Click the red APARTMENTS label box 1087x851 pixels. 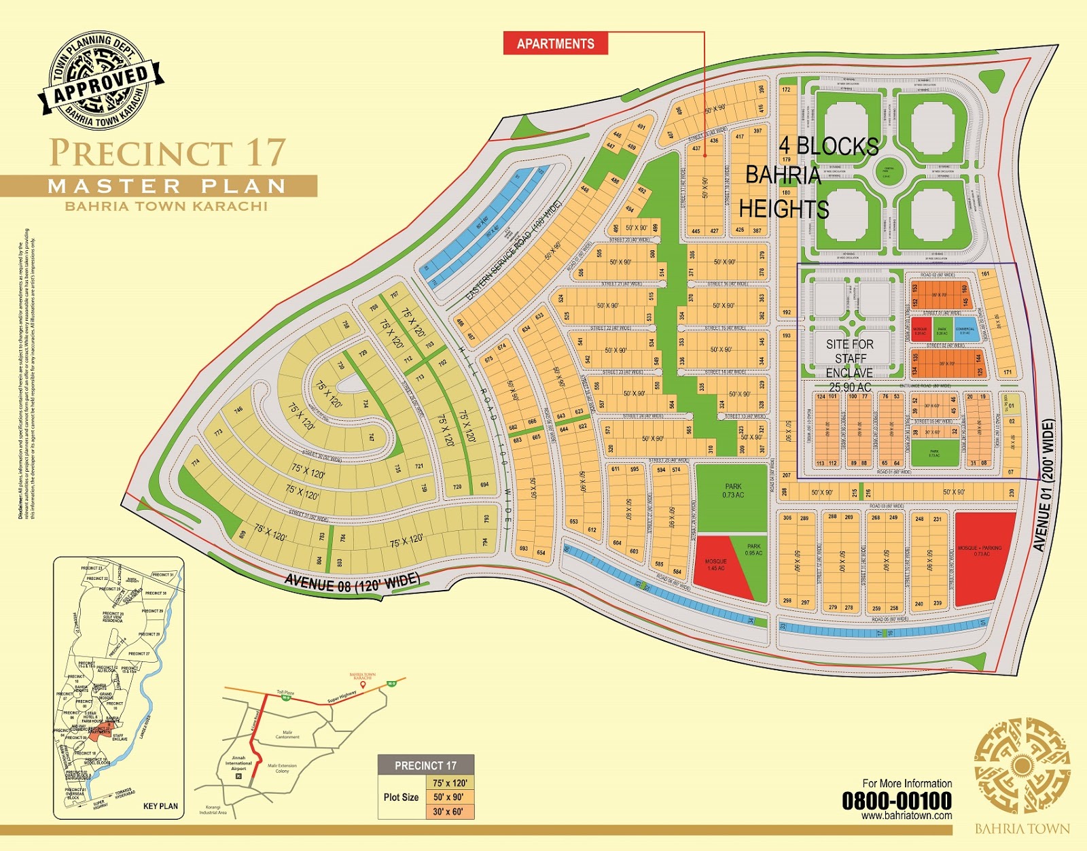tap(555, 44)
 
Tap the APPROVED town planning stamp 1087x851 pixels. tap(101, 82)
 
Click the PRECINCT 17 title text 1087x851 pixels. tap(167, 153)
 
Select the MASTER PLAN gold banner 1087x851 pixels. tap(166, 186)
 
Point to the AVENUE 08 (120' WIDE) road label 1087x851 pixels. tap(351, 583)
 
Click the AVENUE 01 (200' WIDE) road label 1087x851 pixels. tap(1044, 485)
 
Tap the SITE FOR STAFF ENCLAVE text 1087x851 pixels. tap(849, 358)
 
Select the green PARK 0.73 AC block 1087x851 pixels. tap(733, 497)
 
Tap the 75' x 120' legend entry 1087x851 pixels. tap(450, 783)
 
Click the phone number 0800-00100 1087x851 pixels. tap(897, 801)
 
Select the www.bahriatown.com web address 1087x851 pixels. tap(906, 816)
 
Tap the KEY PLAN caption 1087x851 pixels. tap(160, 806)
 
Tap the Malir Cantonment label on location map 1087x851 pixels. tap(287, 735)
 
